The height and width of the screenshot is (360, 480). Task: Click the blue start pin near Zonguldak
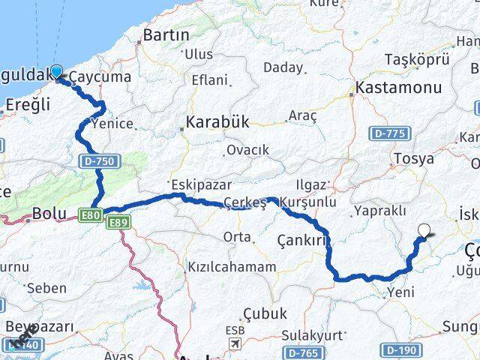click(55, 73)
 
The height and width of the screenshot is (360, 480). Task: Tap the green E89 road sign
click(118, 223)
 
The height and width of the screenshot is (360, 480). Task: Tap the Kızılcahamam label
click(232, 267)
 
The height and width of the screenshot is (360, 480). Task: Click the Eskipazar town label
click(200, 184)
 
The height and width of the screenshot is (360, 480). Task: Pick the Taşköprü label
click(416, 58)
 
